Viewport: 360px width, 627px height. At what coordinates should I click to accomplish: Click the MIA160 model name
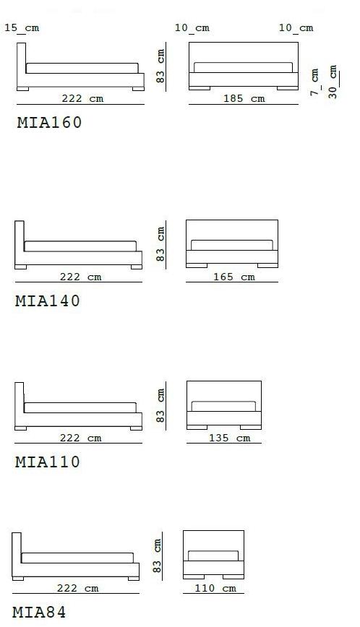pyautogui.click(x=49, y=122)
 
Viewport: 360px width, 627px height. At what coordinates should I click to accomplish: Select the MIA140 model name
pyautogui.click(x=48, y=300)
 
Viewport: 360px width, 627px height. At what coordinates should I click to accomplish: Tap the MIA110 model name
pyautogui.click(x=48, y=462)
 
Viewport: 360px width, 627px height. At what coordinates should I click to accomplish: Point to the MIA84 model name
pyautogui.click(x=39, y=613)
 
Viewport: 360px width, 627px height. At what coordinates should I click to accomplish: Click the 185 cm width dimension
pyautogui.click(x=244, y=98)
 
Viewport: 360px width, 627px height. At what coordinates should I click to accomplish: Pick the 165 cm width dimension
pyautogui.click(x=234, y=277)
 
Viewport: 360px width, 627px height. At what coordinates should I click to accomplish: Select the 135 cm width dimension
pyautogui.click(x=230, y=438)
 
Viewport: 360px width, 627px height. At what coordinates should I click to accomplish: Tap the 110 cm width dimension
pyautogui.click(x=215, y=588)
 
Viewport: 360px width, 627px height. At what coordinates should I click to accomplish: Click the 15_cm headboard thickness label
pyautogui.click(x=22, y=28)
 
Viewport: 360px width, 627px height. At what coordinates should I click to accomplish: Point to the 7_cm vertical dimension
pyautogui.click(x=314, y=82)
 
